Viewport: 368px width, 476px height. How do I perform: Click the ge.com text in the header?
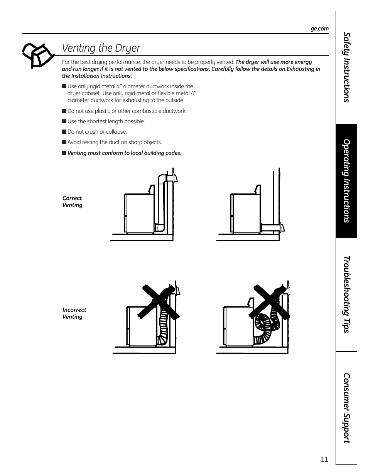click(x=319, y=29)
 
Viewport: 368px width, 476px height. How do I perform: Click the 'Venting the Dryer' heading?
click(x=101, y=48)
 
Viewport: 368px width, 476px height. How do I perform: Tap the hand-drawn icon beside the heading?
click(x=38, y=54)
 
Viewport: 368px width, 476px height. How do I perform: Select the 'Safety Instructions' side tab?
click(x=346, y=67)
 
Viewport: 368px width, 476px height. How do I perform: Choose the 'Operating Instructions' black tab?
click(x=346, y=181)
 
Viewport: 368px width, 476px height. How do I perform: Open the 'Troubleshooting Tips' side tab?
click(x=346, y=294)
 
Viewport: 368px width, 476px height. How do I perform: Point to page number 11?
click(x=324, y=459)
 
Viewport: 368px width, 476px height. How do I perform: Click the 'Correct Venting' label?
click(x=73, y=202)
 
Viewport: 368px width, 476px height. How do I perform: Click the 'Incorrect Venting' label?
click(x=74, y=313)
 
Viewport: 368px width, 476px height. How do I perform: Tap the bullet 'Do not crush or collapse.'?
click(x=97, y=132)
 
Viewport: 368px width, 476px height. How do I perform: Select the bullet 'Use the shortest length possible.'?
click(x=106, y=121)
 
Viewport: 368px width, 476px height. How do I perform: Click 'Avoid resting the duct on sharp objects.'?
click(x=115, y=142)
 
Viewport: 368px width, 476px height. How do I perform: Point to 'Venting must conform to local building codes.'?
click(x=124, y=153)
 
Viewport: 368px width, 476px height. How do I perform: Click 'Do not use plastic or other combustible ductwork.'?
click(x=127, y=111)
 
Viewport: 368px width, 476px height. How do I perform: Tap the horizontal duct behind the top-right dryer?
click(x=271, y=228)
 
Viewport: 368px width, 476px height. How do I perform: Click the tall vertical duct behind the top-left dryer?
click(x=161, y=202)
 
